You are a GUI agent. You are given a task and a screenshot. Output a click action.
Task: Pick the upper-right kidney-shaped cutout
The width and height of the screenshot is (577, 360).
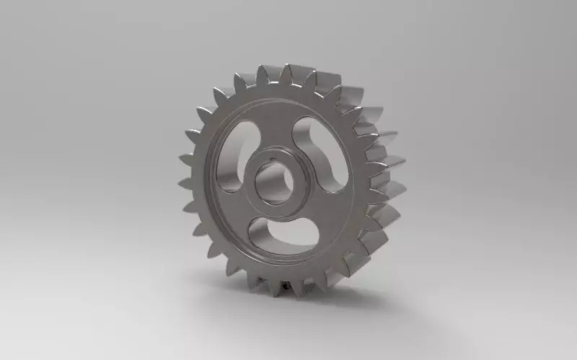click(320, 148)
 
